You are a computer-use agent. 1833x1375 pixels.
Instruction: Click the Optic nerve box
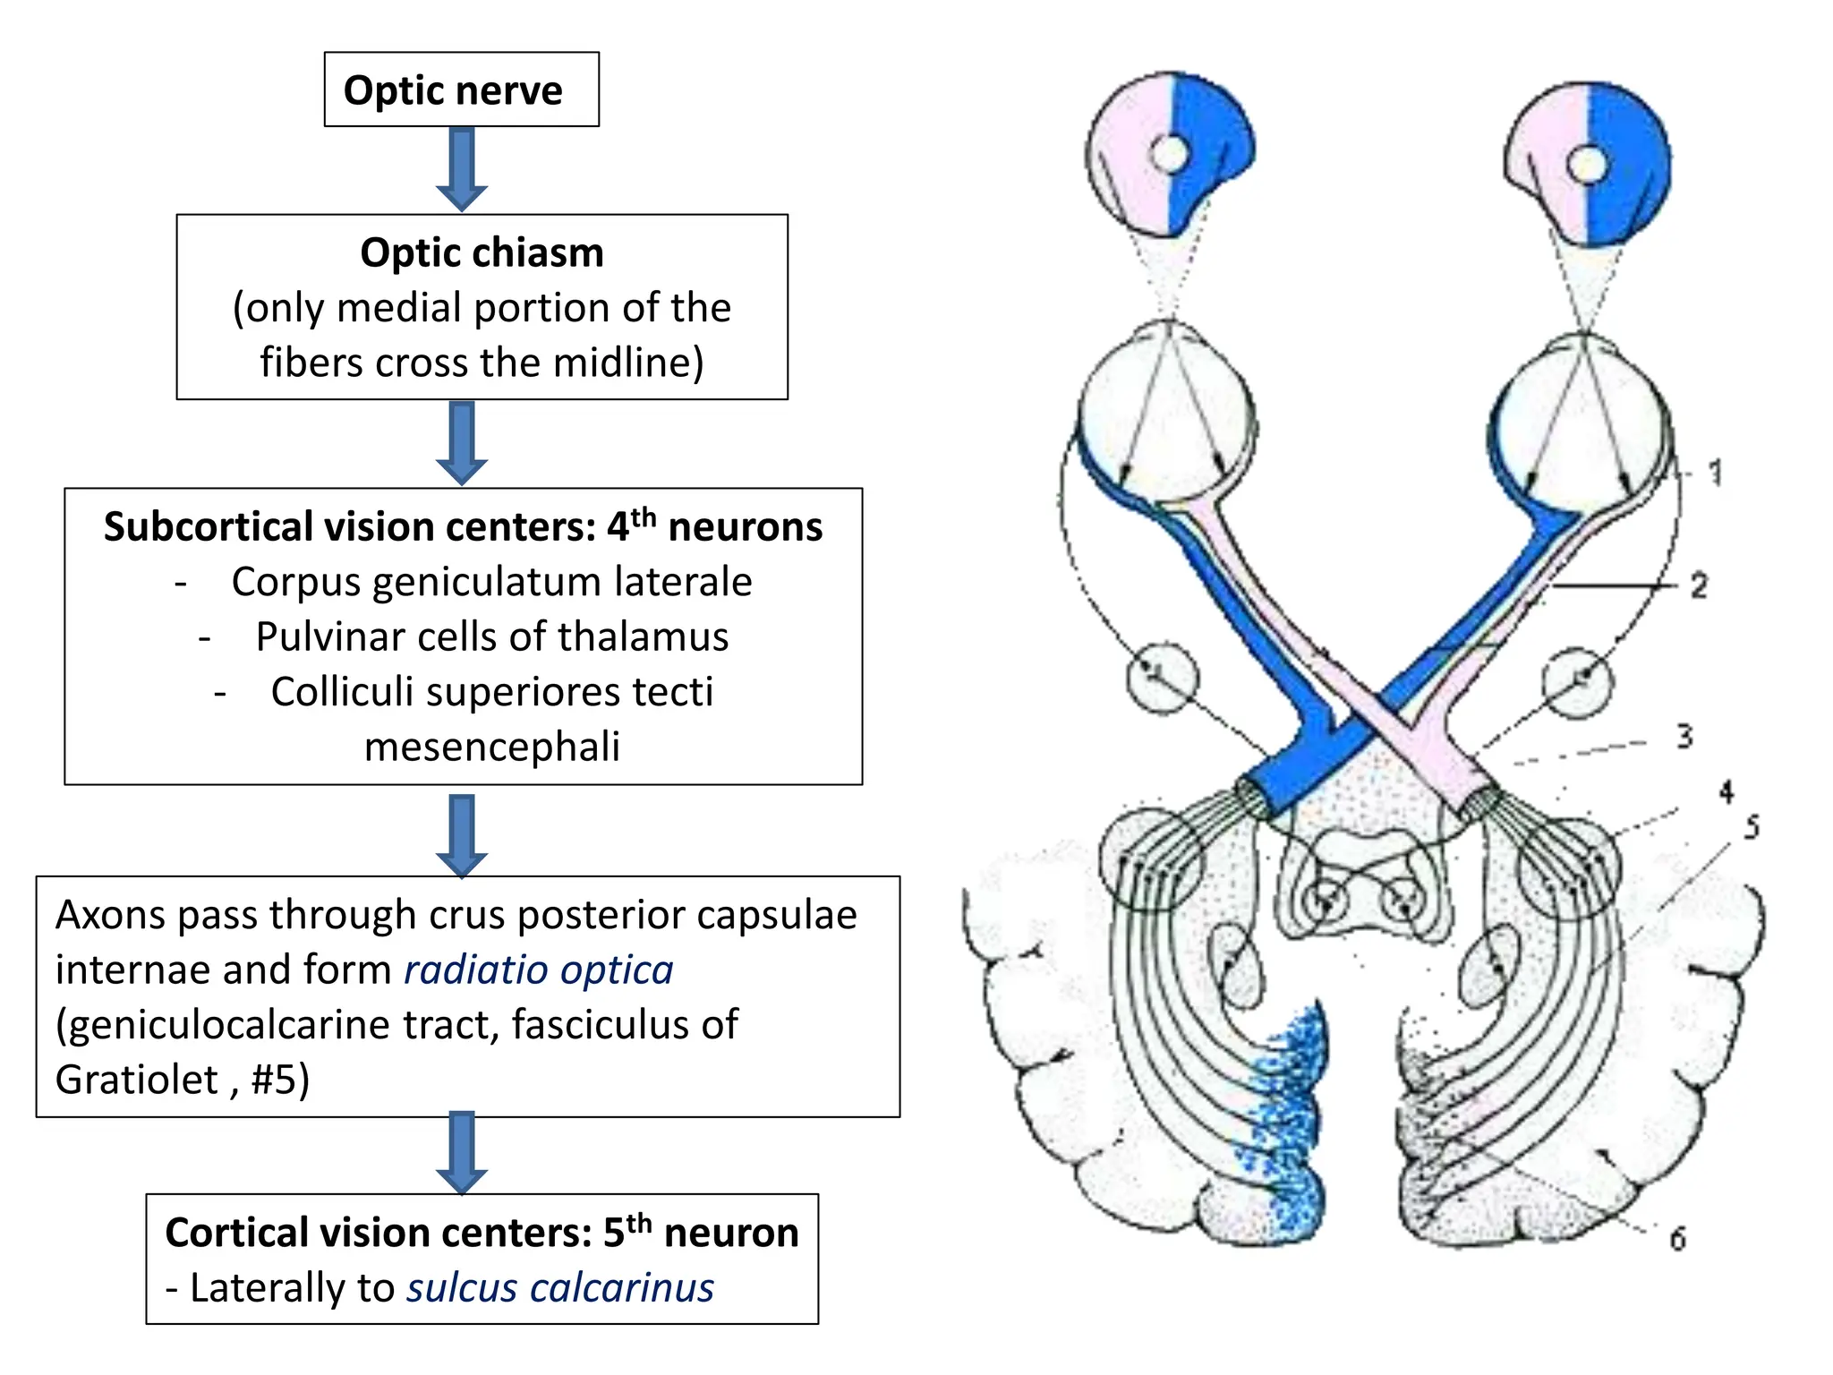461,90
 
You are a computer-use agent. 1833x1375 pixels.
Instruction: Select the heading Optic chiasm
482,253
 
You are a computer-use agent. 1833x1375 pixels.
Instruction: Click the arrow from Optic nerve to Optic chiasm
462,169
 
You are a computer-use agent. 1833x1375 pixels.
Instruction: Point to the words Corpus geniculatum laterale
491,583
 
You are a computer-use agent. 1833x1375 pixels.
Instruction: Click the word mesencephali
492,747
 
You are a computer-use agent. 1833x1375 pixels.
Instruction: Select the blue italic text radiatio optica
539,970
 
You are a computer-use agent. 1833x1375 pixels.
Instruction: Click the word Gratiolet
137,1080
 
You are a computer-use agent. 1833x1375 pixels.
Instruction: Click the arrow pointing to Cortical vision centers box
462,1153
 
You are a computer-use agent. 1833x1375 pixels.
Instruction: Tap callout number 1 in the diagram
1714,473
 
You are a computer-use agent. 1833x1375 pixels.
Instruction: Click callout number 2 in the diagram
1699,585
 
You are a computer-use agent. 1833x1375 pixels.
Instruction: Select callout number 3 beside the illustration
1684,736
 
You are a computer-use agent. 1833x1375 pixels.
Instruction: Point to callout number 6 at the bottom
1677,1239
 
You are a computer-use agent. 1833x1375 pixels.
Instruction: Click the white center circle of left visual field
1168,154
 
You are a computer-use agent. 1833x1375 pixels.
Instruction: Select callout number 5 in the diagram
1752,827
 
